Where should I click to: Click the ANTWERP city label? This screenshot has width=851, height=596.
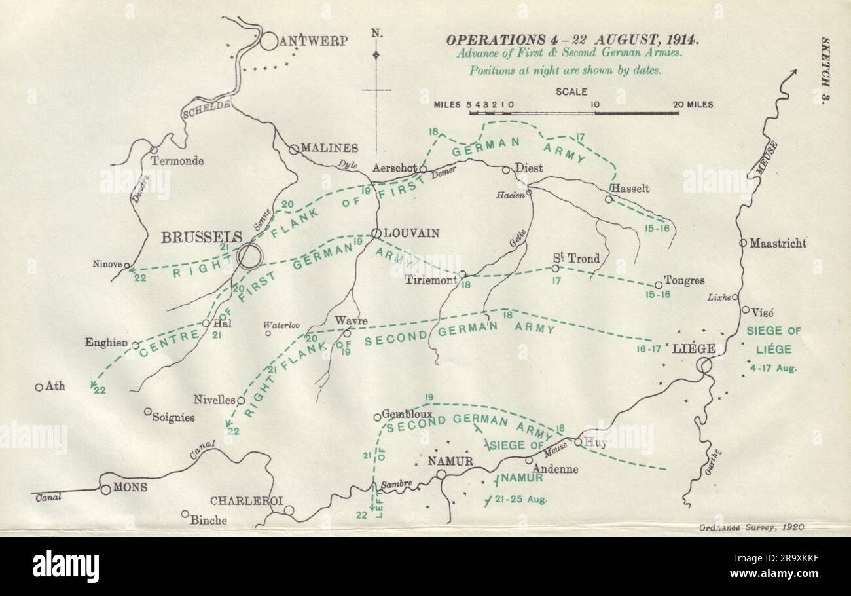(313, 41)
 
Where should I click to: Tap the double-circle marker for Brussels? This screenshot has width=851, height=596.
(249, 255)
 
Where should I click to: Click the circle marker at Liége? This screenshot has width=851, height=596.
(704, 365)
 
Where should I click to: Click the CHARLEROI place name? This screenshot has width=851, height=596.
(247, 500)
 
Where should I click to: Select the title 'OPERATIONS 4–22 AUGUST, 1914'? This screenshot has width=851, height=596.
(563, 39)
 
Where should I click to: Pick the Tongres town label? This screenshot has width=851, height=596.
(685, 280)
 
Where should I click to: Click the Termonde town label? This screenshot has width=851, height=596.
(177, 160)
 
